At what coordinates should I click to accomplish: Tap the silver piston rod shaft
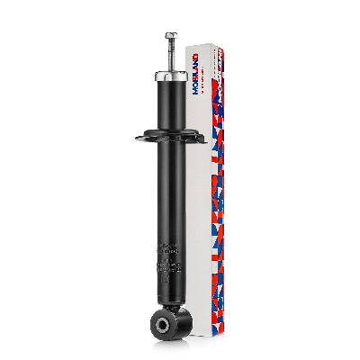(168, 58)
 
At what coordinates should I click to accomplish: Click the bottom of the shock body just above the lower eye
(167, 288)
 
